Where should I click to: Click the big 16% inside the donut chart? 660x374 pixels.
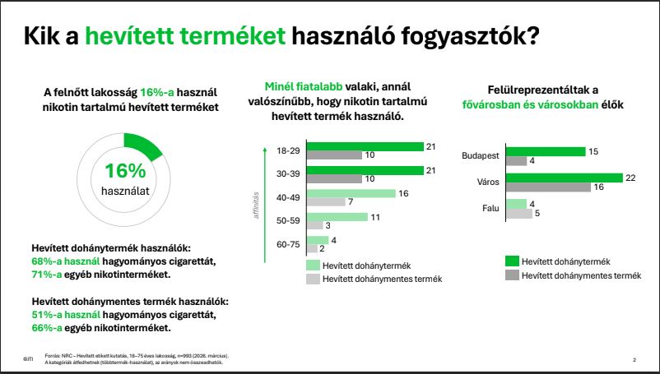[x=125, y=171]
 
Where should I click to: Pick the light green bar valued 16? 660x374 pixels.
[x=351, y=194]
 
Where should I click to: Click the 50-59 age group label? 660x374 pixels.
[x=289, y=221]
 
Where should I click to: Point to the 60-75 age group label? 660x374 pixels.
[x=289, y=244]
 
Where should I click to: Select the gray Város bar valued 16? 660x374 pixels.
[x=548, y=187]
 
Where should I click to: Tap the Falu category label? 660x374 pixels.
[x=491, y=208]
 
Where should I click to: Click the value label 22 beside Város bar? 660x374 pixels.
[x=631, y=178]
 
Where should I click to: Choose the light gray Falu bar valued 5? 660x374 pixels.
[x=519, y=214]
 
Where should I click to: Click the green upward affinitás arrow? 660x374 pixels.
[x=264, y=197]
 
